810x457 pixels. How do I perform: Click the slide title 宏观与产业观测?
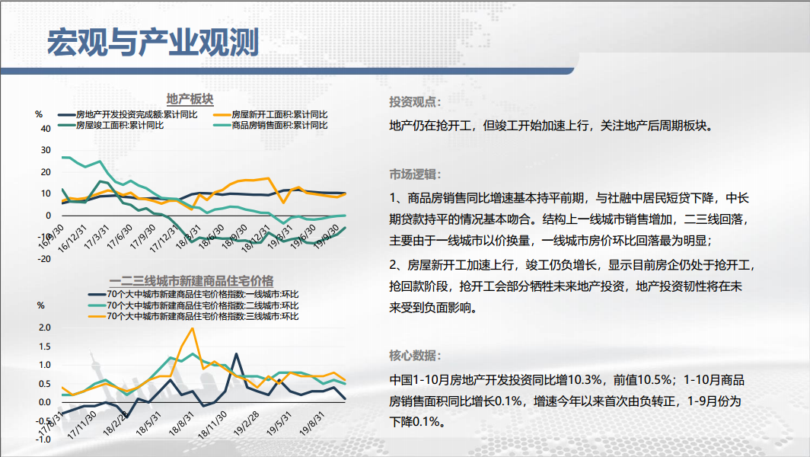(x=153, y=42)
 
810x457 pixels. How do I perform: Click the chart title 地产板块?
(x=190, y=99)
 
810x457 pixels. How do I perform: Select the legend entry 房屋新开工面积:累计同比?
(x=270, y=114)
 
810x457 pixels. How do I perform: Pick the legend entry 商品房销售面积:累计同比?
(x=270, y=125)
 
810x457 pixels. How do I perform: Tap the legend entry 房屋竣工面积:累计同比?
(x=111, y=125)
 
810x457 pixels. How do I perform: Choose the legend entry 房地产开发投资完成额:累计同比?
(x=128, y=114)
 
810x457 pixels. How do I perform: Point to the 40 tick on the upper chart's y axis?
(x=46, y=129)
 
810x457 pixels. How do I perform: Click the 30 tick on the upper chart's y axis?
(x=46, y=151)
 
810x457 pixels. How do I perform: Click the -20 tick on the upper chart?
(x=44, y=259)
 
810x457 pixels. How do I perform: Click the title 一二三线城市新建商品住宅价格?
(x=191, y=281)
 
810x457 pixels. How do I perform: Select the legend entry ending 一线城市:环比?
(x=193, y=294)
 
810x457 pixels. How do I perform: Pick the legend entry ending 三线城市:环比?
(x=193, y=316)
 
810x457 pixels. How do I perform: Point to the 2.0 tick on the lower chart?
(x=44, y=328)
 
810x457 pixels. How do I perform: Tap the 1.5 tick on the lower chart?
(x=44, y=347)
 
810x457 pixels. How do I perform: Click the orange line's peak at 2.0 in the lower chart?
(x=193, y=328)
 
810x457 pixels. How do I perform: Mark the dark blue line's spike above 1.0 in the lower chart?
(x=236, y=353)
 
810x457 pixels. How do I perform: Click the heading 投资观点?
(x=415, y=102)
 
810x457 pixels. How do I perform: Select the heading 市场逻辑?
(x=415, y=174)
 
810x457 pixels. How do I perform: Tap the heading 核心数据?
(x=415, y=355)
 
